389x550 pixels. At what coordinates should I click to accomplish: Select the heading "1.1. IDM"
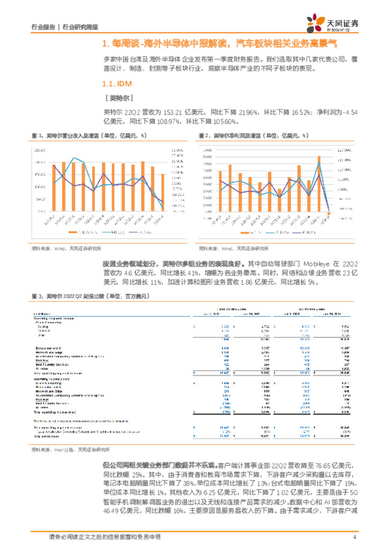point(117,84)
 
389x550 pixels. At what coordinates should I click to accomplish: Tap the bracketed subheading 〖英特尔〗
point(118,98)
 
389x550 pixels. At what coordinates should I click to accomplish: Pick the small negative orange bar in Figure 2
point(329,213)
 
